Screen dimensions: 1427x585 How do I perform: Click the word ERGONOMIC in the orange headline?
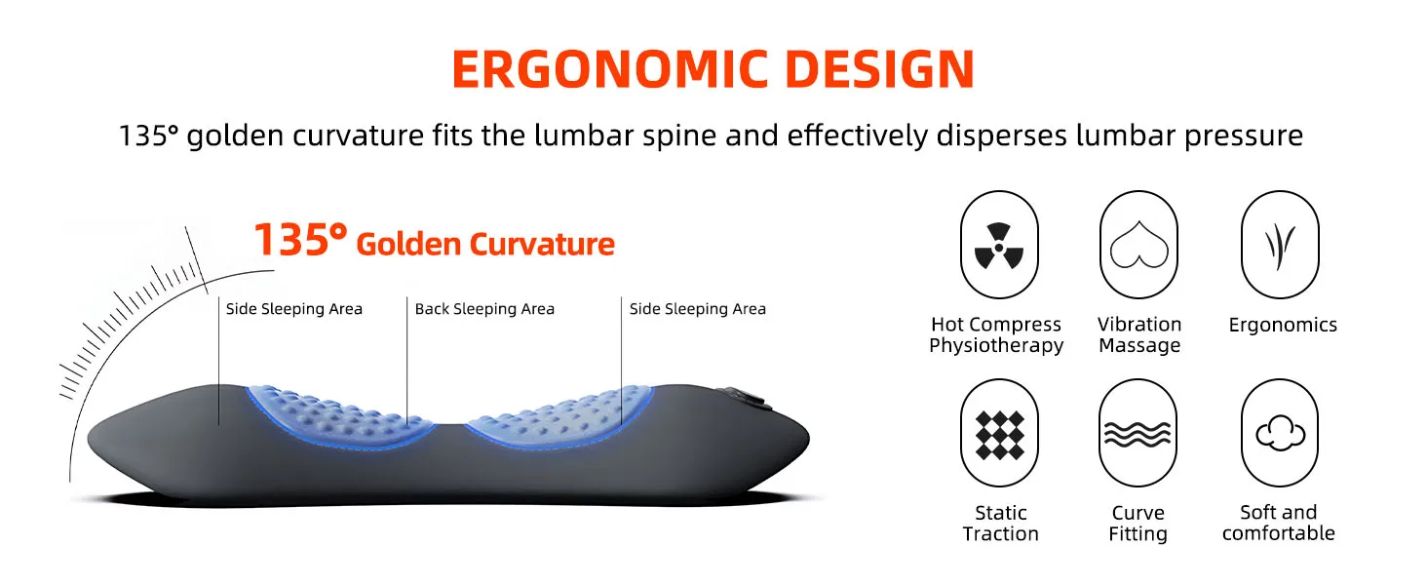pyautogui.click(x=609, y=68)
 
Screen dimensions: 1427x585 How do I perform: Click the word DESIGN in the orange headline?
pyautogui.click(x=880, y=68)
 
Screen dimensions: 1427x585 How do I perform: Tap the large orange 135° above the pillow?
pyautogui.click(x=300, y=240)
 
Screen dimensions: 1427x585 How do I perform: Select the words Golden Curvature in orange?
pyautogui.click(x=485, y=244)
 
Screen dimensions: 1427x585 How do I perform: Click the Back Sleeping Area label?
pyautogui.click(x=484, y=309)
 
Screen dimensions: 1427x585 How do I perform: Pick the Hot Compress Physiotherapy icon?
pyautogui.click(x=999, y=245)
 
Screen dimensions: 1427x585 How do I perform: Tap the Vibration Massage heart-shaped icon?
pyautogui.click(x=1139, y=245)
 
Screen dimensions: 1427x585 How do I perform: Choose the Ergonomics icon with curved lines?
pyautogui.click(x=1281, y=245)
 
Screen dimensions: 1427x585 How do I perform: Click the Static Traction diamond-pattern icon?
pyautogui.click(x=999, y=433)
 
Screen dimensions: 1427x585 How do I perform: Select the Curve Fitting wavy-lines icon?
pyautogui.click(x=1138, y=433)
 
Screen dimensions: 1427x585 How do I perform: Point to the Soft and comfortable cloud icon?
pyautogui.click(x=1280, y=433)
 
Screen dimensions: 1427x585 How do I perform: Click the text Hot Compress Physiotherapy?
pyautogui.click(x=996, y=334)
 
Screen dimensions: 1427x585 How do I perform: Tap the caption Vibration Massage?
pyautogui.click(x=1139, y=334)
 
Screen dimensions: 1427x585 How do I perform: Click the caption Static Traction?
pyautogui.click(x=1001, y=524)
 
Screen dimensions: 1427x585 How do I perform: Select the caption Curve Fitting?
pyautogui.click(x=1138, y=524)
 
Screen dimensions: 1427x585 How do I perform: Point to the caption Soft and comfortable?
pyautogui.click(x=1279, y=523)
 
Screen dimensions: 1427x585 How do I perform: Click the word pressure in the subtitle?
pyautogui.click(x=1244, y=136)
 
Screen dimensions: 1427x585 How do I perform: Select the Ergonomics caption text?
pyautogui.click(x=1283, y=325)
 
